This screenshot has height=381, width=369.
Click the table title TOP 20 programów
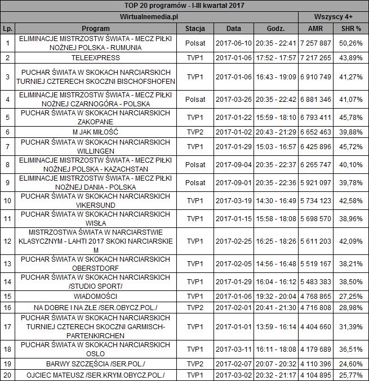coord(184,6)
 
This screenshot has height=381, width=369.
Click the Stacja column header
coord(195,28)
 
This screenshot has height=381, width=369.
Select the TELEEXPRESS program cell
coord(95,58)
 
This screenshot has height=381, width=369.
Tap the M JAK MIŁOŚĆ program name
coord(95,132)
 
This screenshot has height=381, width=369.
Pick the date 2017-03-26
coord(233,100)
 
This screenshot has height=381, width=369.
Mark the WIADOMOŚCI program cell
coord(95,295)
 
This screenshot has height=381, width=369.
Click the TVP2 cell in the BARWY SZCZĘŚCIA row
coord(195,364)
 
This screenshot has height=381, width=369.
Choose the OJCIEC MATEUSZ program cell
coord(95,375)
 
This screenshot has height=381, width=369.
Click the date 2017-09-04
coord(233,167)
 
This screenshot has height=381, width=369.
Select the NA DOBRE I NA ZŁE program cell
coord(95,307)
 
